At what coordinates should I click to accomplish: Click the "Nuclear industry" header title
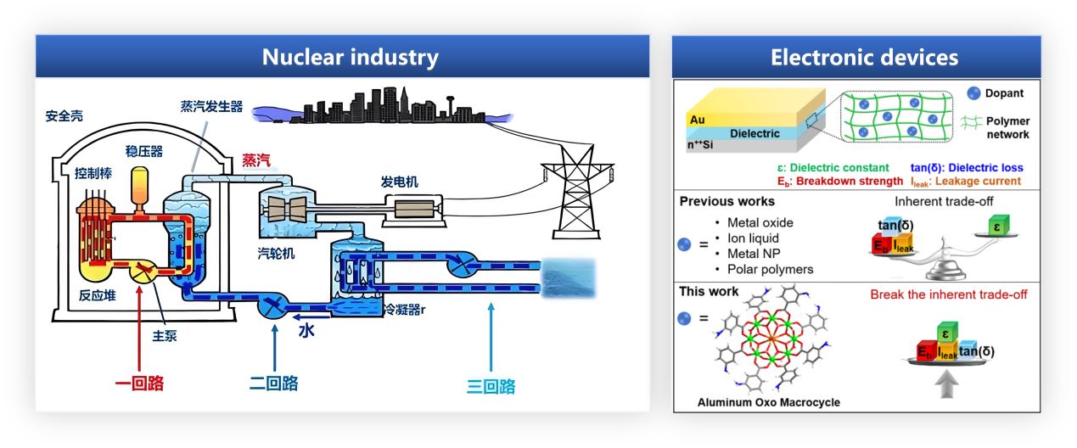tap(350, 58)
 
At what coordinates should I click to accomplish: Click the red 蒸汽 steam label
tap(258, 160)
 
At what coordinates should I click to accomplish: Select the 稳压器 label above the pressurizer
tap(143, 152)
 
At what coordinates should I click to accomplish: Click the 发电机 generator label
tap(400, 182)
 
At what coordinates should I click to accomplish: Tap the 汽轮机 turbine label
tap(277, 253)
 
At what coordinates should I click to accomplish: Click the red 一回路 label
tap(139, 384)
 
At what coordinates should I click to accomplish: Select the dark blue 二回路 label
tap(273, 384)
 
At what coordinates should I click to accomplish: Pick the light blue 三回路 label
tap(491, 387)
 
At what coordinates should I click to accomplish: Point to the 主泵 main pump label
tap(165, 336)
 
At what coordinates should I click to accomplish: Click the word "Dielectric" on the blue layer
tap(754, 133)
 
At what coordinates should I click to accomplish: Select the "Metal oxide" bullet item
tap(760, 222)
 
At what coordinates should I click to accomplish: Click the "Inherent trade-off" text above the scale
tap(944, 201)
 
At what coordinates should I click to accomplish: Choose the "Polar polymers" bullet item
tap(770, 269)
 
